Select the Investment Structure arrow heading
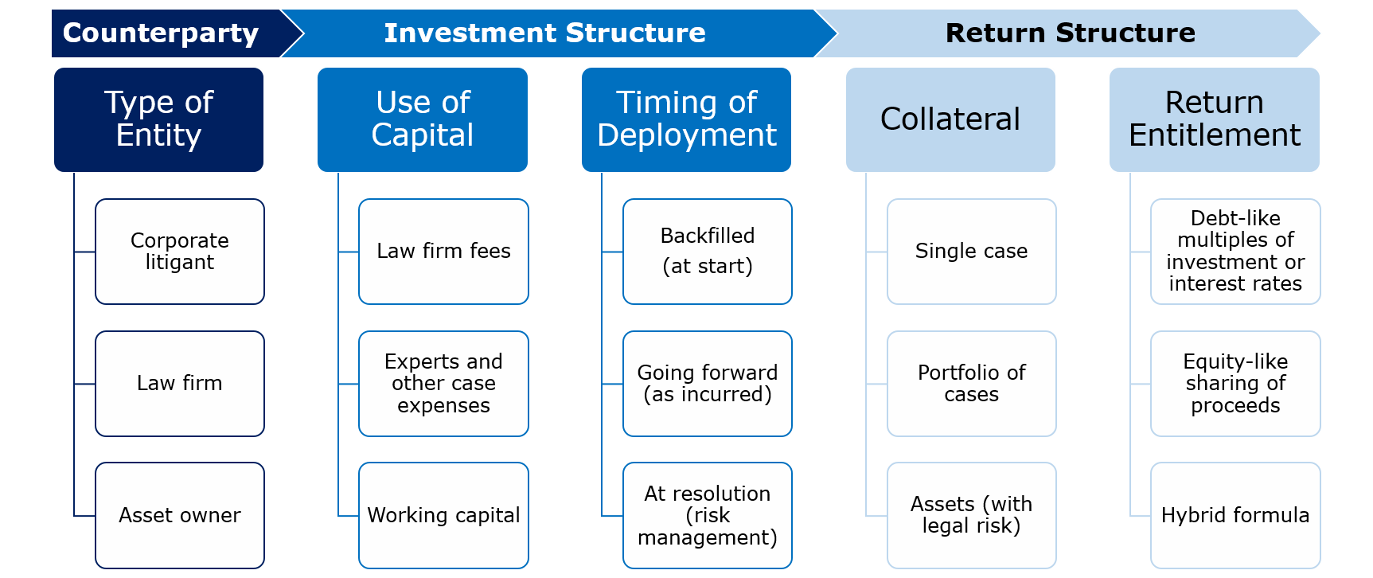[x=557, y=33]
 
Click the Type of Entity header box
[x=159, y=119]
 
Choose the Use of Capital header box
[x=423, y=119]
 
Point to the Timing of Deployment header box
[x=686, y=119]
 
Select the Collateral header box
[x=950, y=119]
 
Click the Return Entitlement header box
[x=1215, y=119]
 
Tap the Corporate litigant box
[x=180, y=252]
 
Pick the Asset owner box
[x=180, y=515]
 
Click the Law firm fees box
[x=443, y=252]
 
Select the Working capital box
[x=443, y=515]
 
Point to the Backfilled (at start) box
[x=708, y=252]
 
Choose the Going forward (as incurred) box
[x=708, y=384]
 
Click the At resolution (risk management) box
[x=708, y=515]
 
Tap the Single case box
[x=972, y=252]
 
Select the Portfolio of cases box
[x=972, y=384]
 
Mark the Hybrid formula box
[x=1235, y=515]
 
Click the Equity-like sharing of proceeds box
[x=1235, y=384]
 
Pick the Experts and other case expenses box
[x=443, y=384]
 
